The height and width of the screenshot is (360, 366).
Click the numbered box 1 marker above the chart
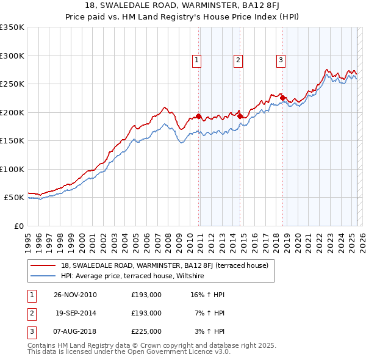pyautogui.click(x=197, y=60)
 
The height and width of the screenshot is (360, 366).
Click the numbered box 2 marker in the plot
pyautogui.click(x=238, y=60)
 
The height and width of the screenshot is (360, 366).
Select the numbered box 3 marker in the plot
pyautogui.click(x=281, y=60)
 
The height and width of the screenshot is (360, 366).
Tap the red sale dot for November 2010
pyautogui.click(x=199, y=117)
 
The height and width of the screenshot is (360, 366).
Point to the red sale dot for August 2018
pyautogui.click(x=282, y=98)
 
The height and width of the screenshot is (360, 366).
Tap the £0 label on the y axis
pyautogui.click(x=18, y=226)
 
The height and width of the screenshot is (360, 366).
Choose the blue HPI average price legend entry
pyautogui.click(x=132, y=276)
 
